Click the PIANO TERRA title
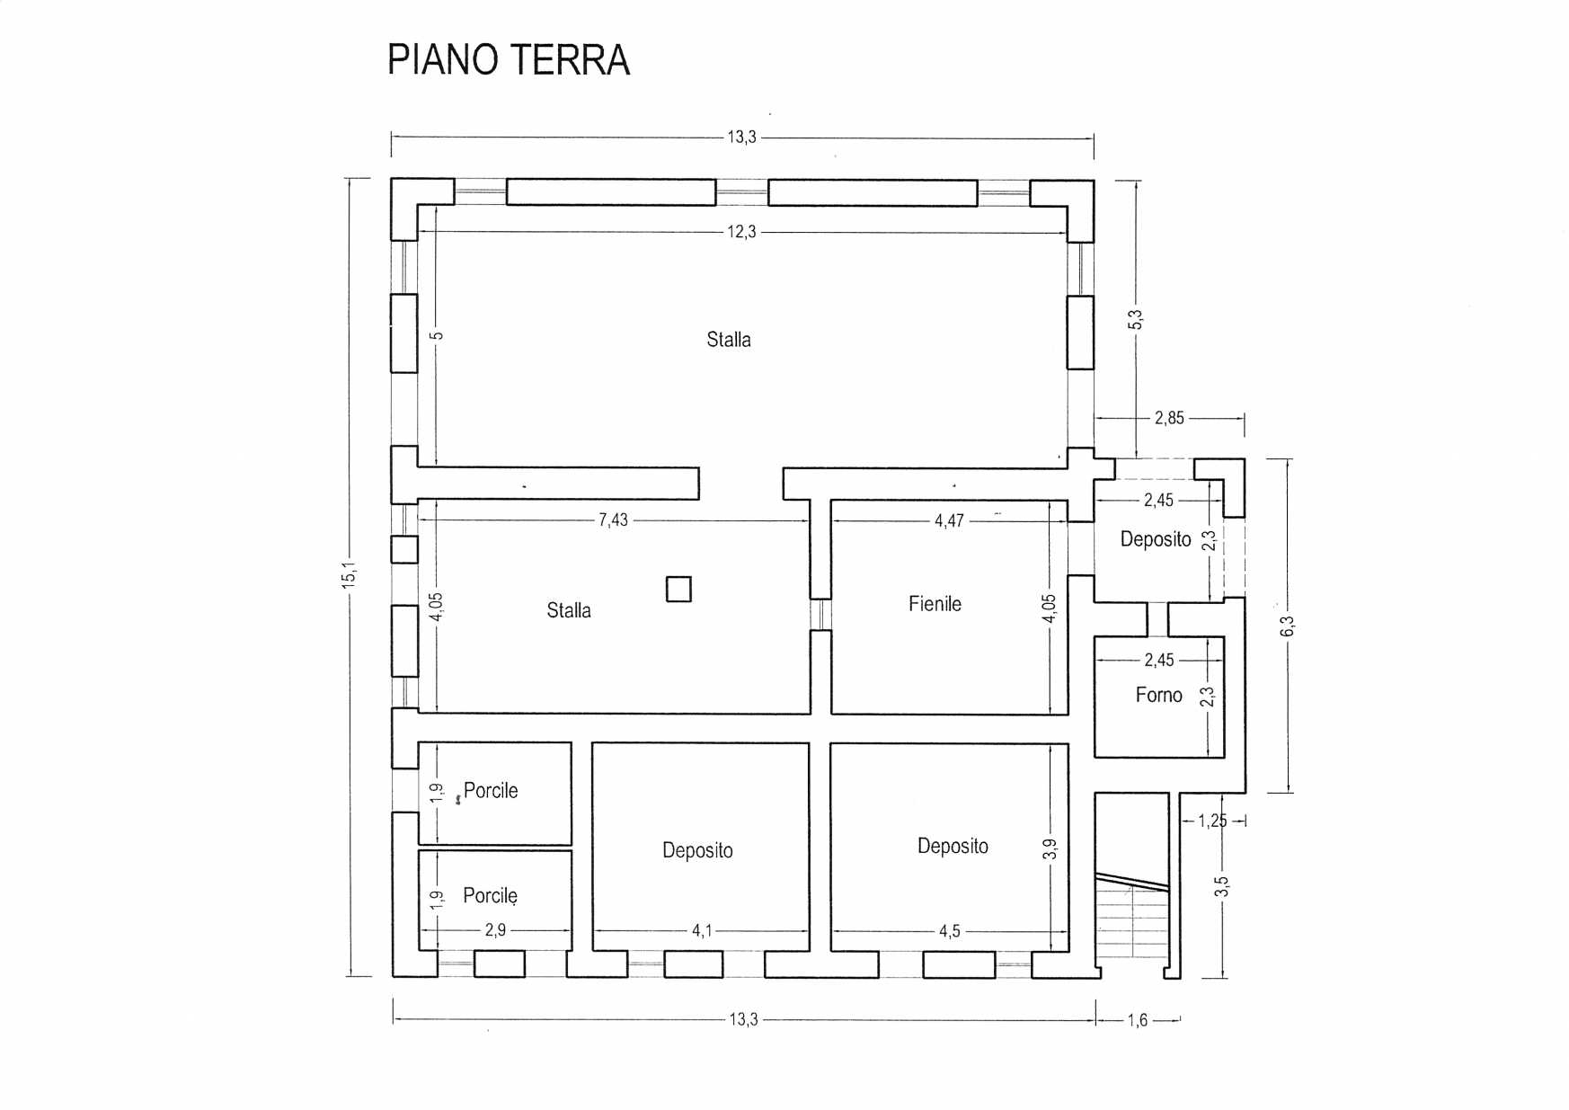[509, 60]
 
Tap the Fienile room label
[935, 604]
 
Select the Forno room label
[1158, 695]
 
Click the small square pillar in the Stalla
[678, 589]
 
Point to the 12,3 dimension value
[741, 232]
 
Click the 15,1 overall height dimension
[349, 575]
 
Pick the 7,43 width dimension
[613, 520]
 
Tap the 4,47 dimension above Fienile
[949, 521]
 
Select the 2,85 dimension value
[1169, 418]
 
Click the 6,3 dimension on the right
[1287, 626]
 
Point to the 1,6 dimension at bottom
[1138, 1020]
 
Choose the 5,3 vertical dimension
[1135, 319]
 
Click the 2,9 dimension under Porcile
[495, 930]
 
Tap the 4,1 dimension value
[702, 931]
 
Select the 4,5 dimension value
[950, 931]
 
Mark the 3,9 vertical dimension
[1050, 848]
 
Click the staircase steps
[1131, 917]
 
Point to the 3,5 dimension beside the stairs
[1221, 886]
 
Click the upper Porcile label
[491, 791]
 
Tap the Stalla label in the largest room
[729, 340]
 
